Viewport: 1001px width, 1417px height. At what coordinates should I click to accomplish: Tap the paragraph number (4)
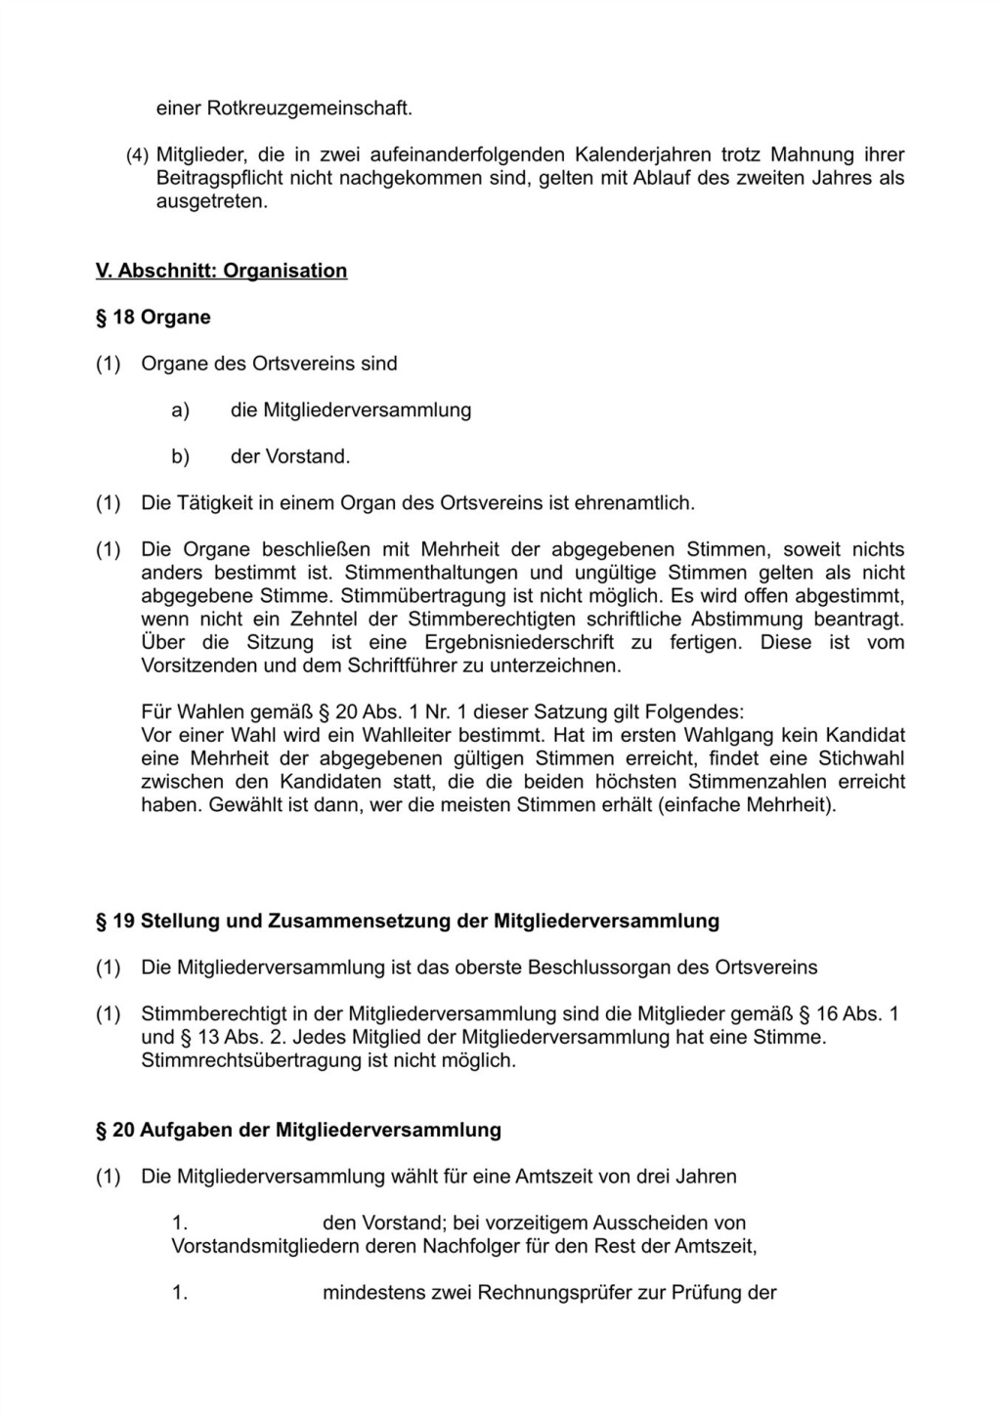[x=138, y=155]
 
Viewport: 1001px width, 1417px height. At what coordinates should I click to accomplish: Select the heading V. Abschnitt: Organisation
[x=221, y=271]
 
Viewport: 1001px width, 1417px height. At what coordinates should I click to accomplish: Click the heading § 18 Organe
[x=152, y=318]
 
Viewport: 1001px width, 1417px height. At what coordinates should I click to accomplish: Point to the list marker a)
[x=180, y=410]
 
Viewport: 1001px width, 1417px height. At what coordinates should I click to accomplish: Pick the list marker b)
[x=180, y=456]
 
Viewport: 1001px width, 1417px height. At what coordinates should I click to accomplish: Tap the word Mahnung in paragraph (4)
[x=808, y=155]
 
